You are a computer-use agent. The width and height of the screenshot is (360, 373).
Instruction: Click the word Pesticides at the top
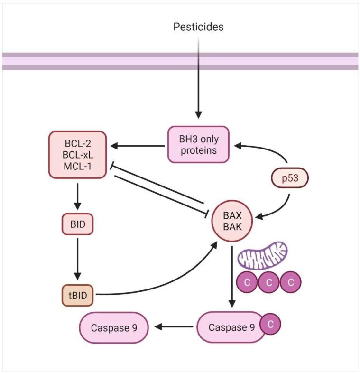click(198, 27)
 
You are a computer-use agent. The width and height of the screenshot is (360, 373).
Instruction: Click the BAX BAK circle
click(233, 220)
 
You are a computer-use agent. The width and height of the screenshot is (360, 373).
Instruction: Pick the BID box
click(77, 224)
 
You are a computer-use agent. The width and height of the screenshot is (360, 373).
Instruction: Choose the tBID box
click(77, 295)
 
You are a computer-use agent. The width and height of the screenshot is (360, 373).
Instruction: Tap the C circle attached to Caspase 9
click(270, 325)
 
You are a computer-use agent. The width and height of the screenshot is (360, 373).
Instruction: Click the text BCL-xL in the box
click(77, 153)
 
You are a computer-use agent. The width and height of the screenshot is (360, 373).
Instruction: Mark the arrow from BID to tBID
click(77, 259)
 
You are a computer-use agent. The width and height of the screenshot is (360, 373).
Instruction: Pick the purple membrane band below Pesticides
click(180, 61)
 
